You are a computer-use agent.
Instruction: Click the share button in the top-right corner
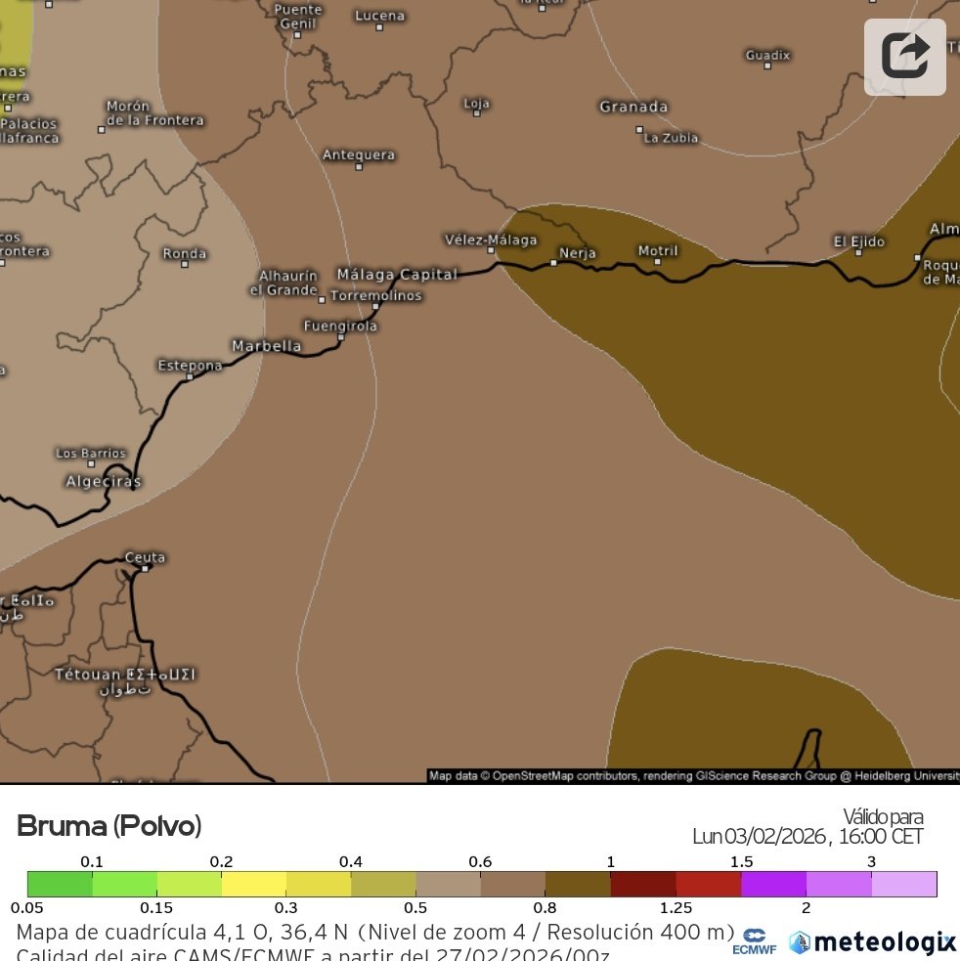pyautogui.click(x=904, y=57)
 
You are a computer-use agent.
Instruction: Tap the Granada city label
pyautogui.click(x=633, y=107)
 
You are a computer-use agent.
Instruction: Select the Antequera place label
pyautogui.click(x=359, y=154)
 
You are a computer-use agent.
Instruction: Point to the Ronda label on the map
pyautogui.click(x=184, y=253)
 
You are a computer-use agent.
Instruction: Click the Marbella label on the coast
pyautogui.click(x=266, y=345)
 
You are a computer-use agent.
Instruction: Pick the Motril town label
pyautogui.click(x=657, y=250)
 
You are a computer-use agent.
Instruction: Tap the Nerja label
pyautogui.click(x=577, y=253)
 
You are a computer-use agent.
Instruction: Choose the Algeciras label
pyautogui.click(x=103, y=481)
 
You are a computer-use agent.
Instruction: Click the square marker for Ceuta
pyautogui.click(x=145, y=568)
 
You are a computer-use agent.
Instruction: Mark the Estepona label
pyautogui.click(x=190, y=365)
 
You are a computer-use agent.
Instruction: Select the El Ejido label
pyautogui.click(x=858, y=240)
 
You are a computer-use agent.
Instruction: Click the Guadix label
pyautogui.click(x=767, y=55)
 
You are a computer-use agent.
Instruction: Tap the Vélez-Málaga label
pyautogui.click(x=491, y=240)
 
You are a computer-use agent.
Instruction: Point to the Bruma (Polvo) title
pyautogui.click(x=109, y=826)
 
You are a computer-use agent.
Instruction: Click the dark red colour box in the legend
pyautogui.click(x=642, y=884)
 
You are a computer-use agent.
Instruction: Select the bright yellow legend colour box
pyautogui.click(x=254, y=884)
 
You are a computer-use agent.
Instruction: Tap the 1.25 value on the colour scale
pyautogui.click(x=676, y=908)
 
